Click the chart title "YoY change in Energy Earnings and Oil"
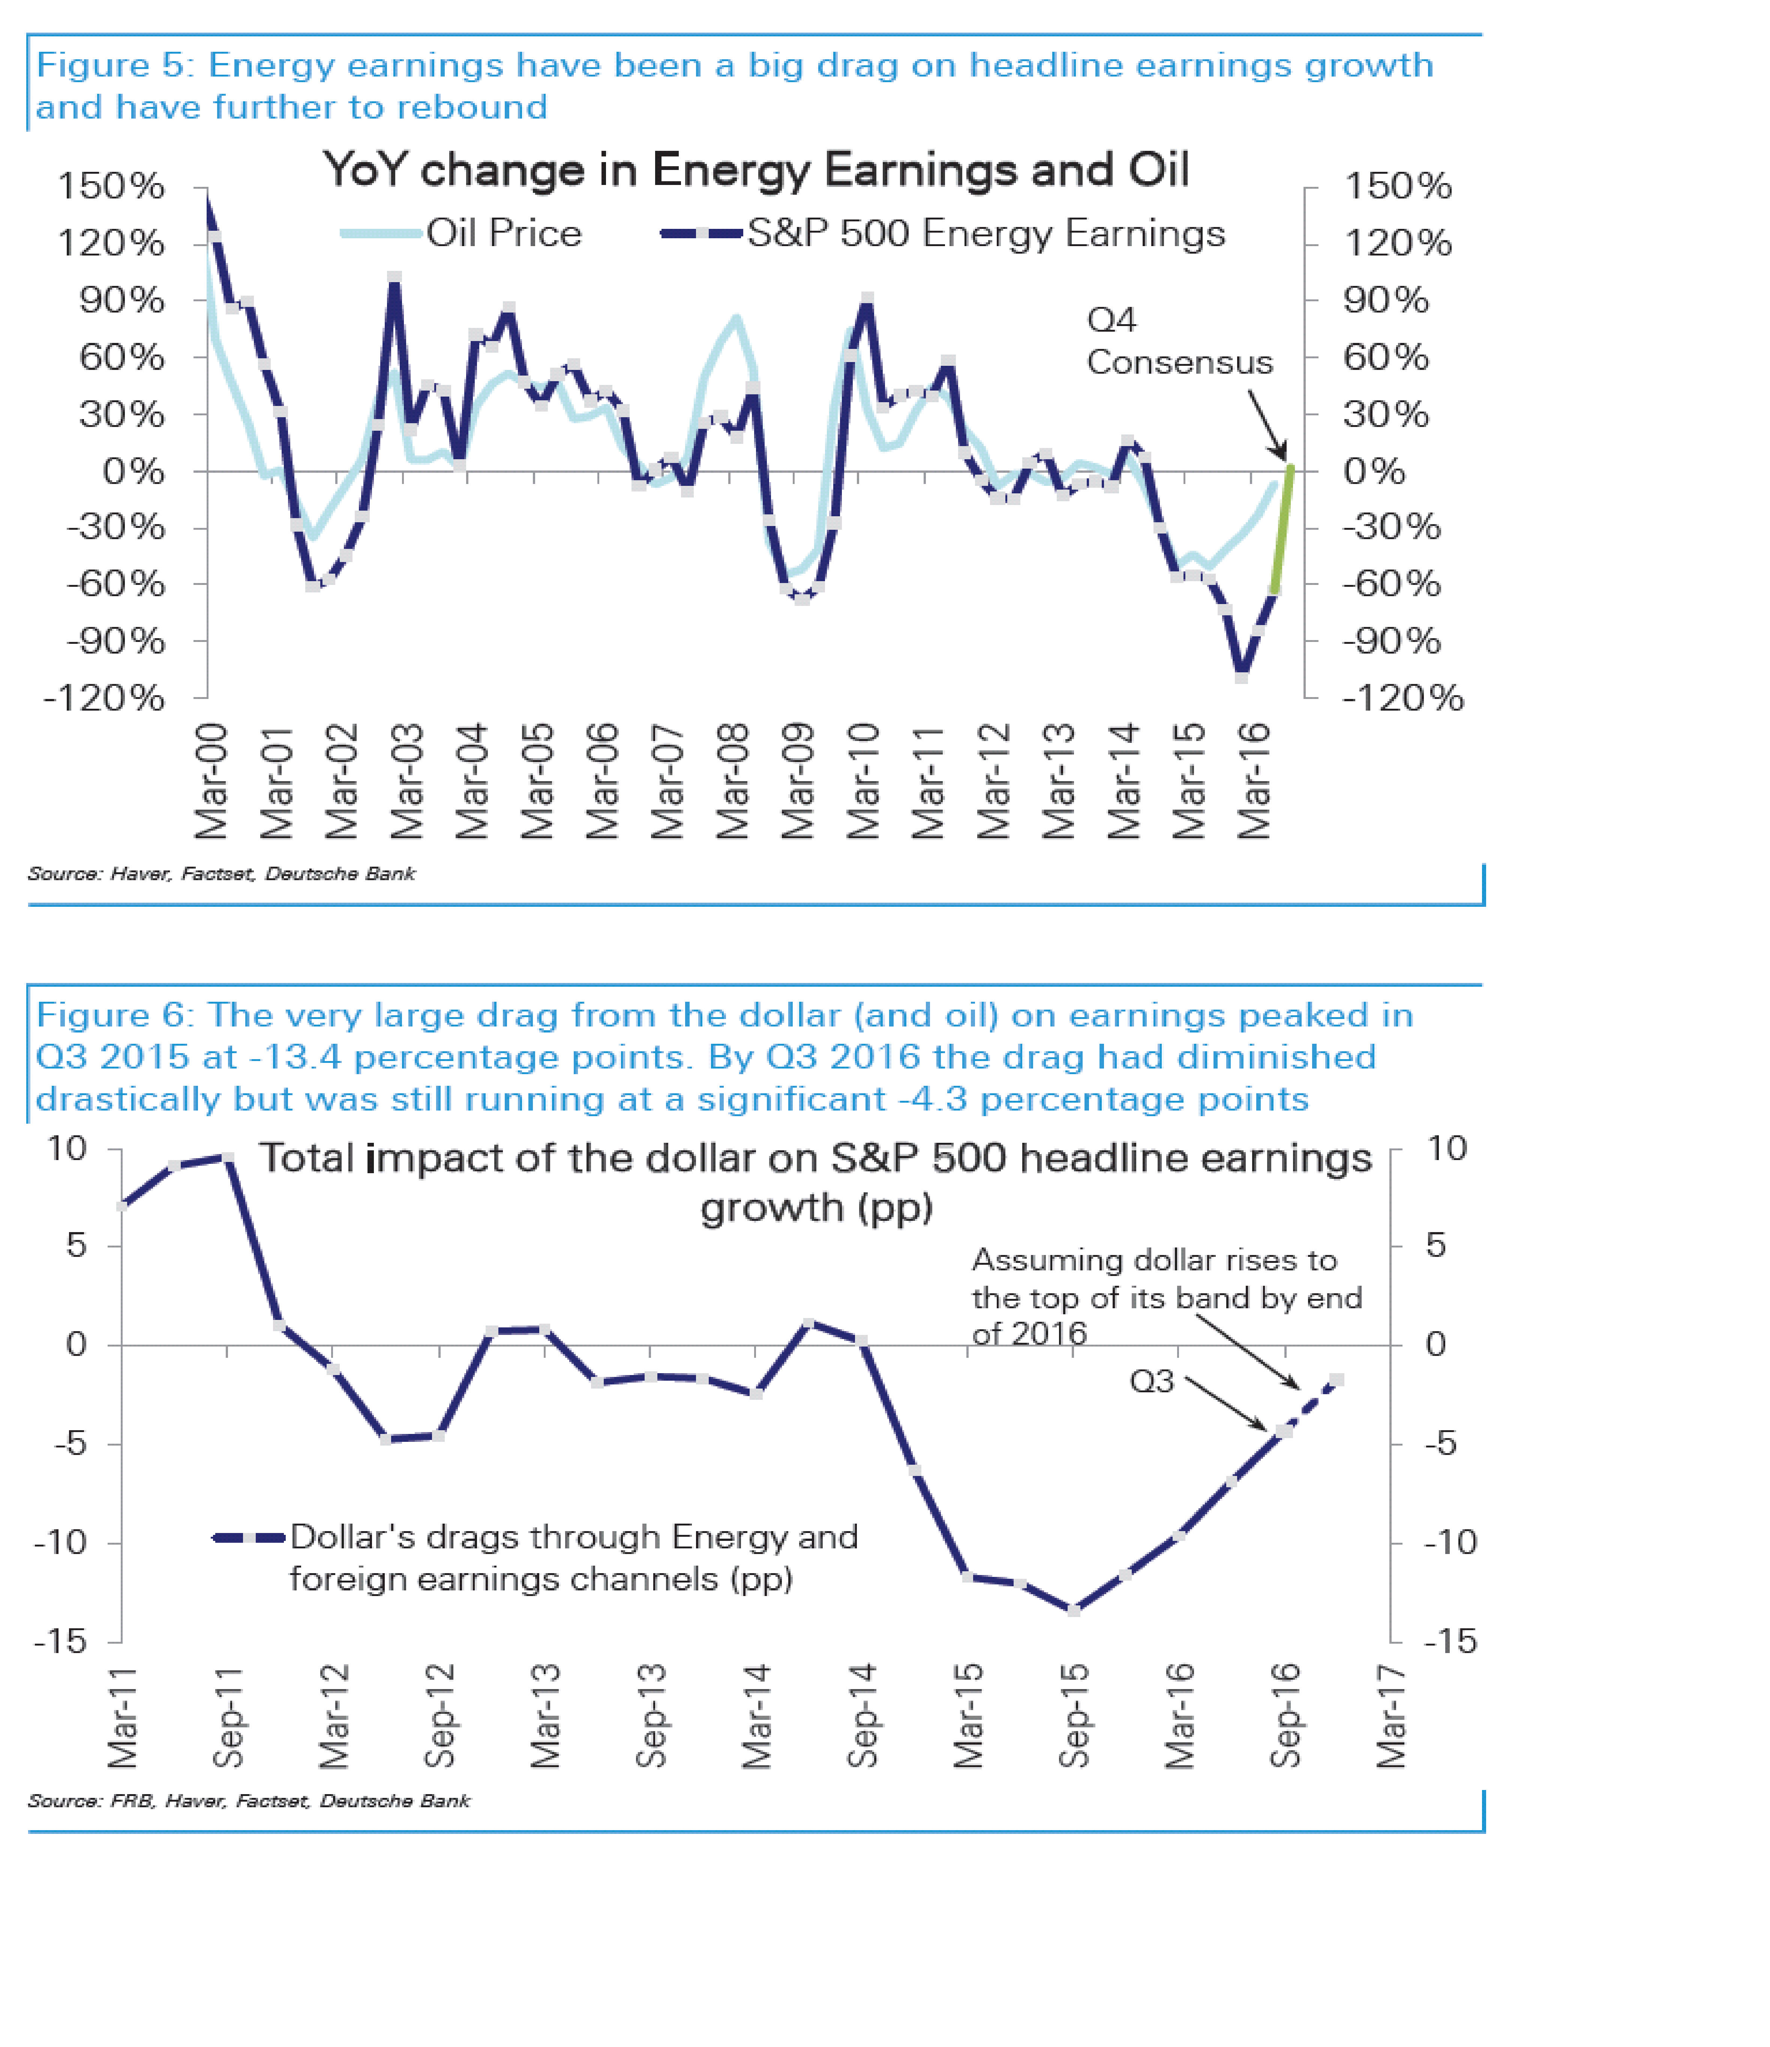756,170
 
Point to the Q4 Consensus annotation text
1178,341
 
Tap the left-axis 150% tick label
111,186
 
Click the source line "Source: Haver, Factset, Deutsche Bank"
221,873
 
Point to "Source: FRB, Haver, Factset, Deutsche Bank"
249,1801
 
